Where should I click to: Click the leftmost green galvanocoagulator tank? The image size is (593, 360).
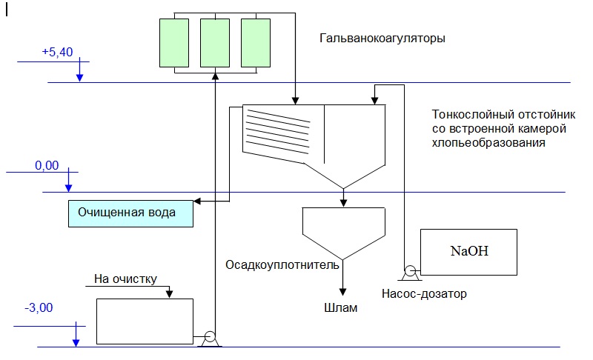174,43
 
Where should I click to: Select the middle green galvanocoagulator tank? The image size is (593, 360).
215,43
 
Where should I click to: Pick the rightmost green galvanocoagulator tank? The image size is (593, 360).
256,43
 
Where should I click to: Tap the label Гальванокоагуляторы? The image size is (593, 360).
382,39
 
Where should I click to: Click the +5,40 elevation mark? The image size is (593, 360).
57,52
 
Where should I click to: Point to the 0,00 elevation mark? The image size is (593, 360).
47,165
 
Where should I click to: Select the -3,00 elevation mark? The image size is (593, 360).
39,307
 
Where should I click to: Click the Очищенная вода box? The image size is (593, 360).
130,213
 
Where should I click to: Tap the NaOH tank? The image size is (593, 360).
468,252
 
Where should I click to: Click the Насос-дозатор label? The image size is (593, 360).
424,293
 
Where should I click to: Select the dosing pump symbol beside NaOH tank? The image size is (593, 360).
410,273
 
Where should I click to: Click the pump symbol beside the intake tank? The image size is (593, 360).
210,339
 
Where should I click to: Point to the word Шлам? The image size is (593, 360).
340,308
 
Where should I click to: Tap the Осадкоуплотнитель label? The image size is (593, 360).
282,265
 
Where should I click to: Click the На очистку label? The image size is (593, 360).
125,279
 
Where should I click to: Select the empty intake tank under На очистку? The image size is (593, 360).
145,321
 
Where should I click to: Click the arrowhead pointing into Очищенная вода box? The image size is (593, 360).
197,201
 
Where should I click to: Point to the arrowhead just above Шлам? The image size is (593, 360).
342,292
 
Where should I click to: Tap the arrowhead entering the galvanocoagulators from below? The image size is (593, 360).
215,76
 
